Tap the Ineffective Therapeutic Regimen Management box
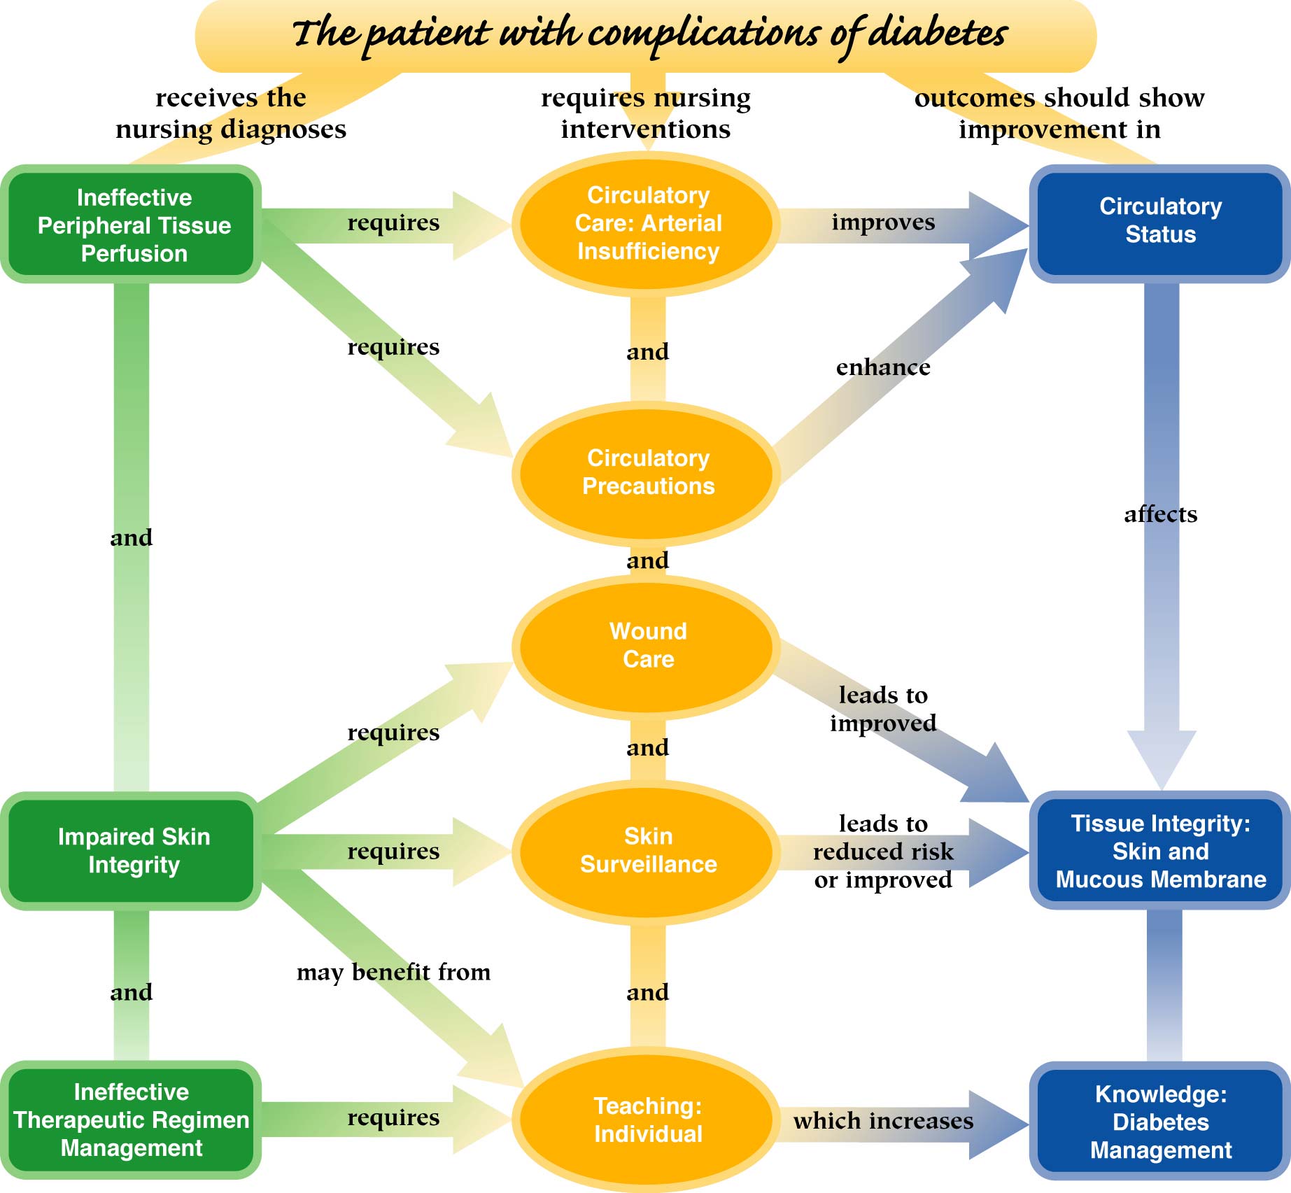(x=132, y=1120)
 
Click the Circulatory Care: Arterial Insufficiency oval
(x=647, y=223)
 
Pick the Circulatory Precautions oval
(x=647, y=472)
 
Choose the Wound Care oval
(x=647, y=645)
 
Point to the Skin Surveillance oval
(x=647, y=850)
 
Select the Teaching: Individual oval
(x=647, y=1120)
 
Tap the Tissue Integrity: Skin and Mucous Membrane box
(x=1160, y=850)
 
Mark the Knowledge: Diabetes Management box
(x=1160, y=1122)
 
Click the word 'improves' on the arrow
(x=883, y=223)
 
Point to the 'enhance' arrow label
(x=883, y=367)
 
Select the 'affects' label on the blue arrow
(x=1160, y=515)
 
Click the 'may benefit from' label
(x=393, y=973)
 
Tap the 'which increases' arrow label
(x=883, y=1121)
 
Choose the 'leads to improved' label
(x=883, y=709)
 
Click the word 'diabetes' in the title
(x=938, y=33)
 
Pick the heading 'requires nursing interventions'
(x=645, y=113)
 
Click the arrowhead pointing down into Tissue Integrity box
(x=1161, y=759)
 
